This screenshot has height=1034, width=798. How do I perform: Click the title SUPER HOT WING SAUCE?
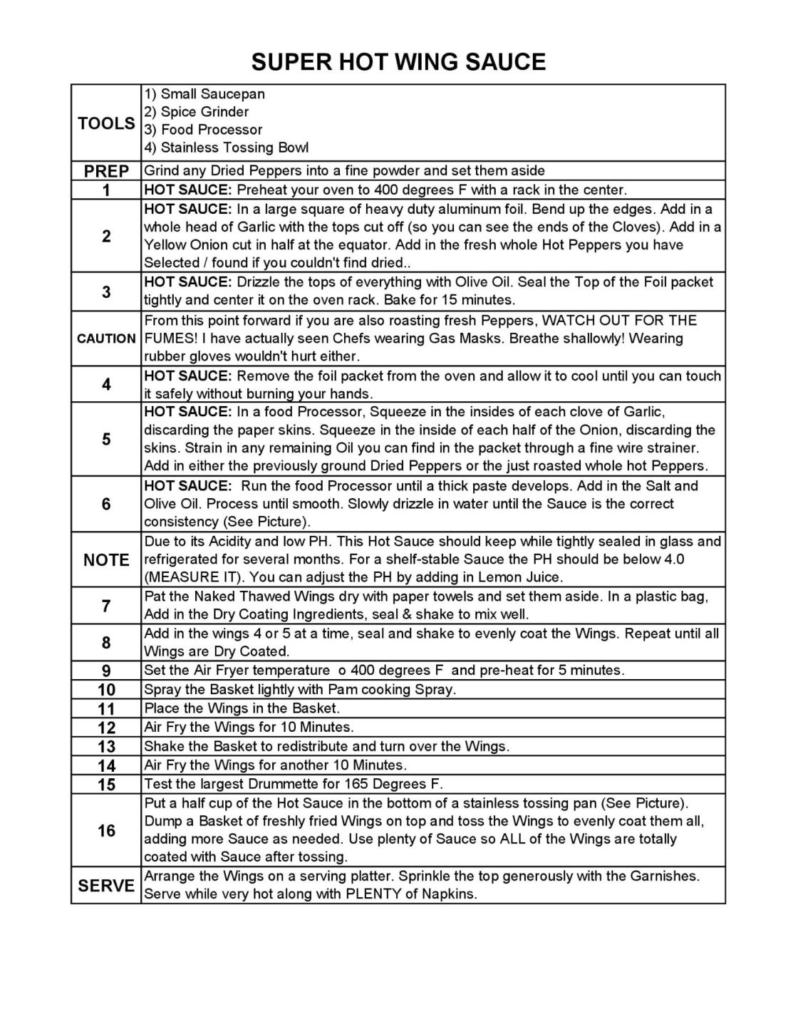(x=398, y=62)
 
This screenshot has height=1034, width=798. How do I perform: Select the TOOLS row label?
(x=106, y=123)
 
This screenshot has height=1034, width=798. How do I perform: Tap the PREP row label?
(x=106, y=171)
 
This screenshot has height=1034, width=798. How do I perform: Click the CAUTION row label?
(x=106, y=338)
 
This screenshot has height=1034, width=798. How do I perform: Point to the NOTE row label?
(x=106, y=560)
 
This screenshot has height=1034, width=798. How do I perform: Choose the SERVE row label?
(x=106, y=886)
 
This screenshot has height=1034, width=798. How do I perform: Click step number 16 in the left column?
(x=106, y=831)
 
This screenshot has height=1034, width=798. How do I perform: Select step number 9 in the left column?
(x=106, y=671)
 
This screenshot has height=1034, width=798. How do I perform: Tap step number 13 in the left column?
(x=106, y=747)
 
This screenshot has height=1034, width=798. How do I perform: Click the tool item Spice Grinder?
(x=204, y=112)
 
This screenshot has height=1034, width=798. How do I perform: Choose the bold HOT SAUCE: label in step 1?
(x=188, y=190)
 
